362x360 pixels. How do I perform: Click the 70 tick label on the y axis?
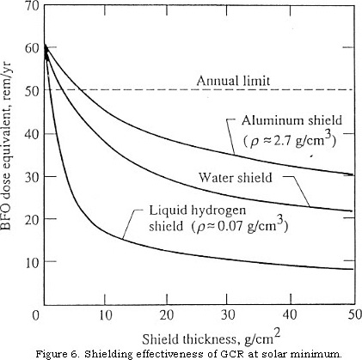[32, 6]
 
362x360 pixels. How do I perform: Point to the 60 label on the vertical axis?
[32, 47]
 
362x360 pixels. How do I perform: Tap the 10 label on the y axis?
[32, 262]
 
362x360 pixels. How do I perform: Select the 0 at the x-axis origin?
[35, 315]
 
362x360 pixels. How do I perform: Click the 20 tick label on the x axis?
[167, 315]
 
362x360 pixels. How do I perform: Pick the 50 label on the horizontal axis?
[355, 314]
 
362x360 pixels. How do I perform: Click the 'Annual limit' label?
[233, 81]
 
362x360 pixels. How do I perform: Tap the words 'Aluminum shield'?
[291, 120]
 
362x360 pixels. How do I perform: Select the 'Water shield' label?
[236, 178]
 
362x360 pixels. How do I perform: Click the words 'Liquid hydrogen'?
[198, 211]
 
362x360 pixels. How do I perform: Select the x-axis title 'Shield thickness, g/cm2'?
[212, 338]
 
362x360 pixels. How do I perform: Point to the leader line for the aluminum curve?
[231, 135]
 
